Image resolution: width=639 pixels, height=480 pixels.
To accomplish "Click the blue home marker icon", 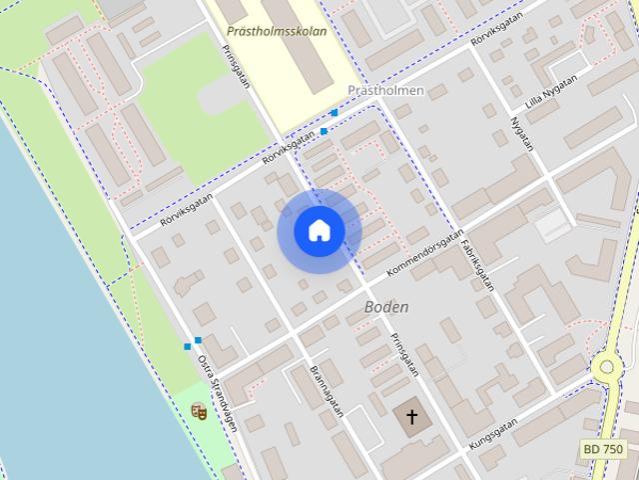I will click(319, 231).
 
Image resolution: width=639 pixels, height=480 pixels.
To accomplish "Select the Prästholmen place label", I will click(385, 90).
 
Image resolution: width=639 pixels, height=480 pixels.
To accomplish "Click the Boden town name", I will click(386, 306).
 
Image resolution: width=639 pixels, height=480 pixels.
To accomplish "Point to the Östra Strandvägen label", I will click(218, 394).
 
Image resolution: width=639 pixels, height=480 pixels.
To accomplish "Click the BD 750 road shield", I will click(603, 451).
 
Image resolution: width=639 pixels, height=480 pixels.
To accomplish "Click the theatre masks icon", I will click(198, 410).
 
